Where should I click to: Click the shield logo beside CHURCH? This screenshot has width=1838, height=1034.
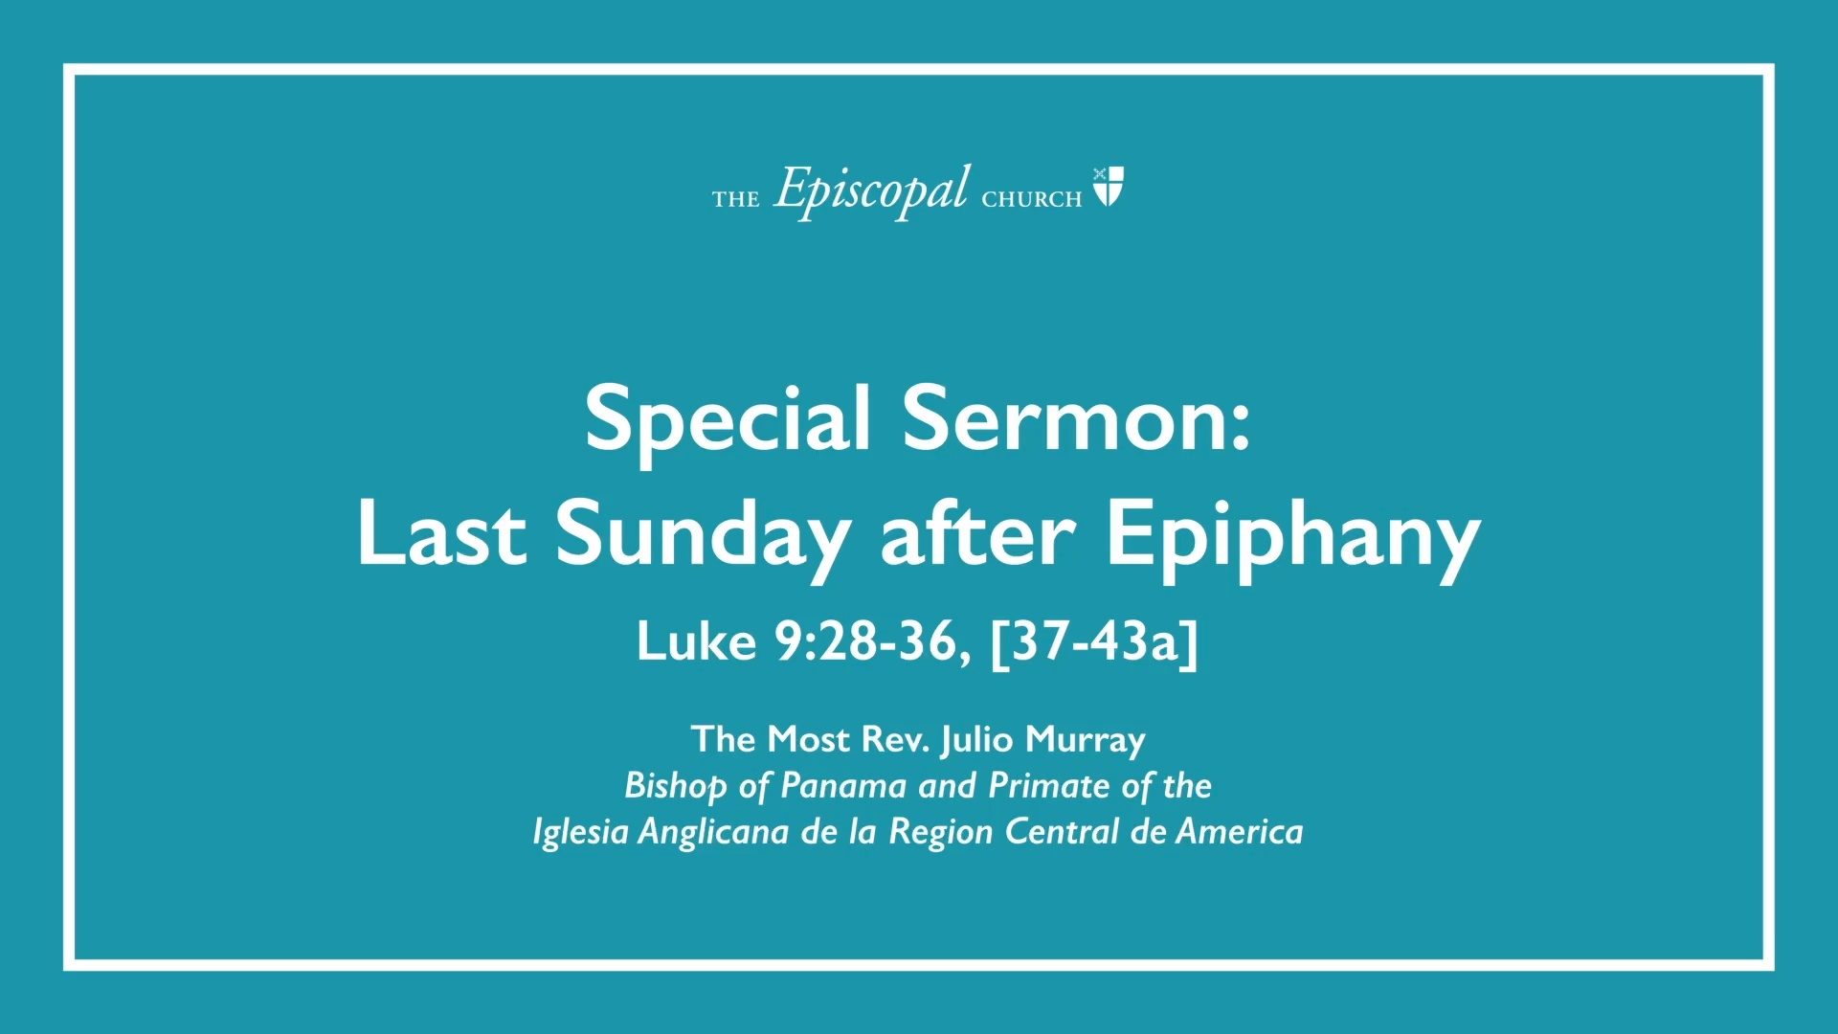coord(1109,187)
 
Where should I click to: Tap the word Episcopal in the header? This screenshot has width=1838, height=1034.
coord(871,191)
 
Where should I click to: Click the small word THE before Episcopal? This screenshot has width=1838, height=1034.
coord(735,199)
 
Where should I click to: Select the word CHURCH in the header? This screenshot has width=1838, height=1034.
coord(1032,199)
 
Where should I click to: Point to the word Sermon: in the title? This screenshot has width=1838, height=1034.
coord(1077,417)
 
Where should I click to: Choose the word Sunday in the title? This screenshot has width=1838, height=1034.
coord(704,538)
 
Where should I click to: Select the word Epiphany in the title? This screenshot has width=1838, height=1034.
coord(1294,538)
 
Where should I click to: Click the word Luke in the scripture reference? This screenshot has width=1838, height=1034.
coord(697,641)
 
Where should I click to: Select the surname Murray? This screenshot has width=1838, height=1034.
coord(1086,741)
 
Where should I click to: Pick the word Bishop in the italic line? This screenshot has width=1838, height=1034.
coord(676,787)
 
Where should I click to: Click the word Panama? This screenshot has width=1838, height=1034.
coord(843,786)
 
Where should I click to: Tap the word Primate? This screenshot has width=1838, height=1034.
coord(1049,786)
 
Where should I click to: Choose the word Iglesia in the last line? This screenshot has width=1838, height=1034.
coord(580,833)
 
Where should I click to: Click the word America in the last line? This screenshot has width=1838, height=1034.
coord(1240,832)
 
